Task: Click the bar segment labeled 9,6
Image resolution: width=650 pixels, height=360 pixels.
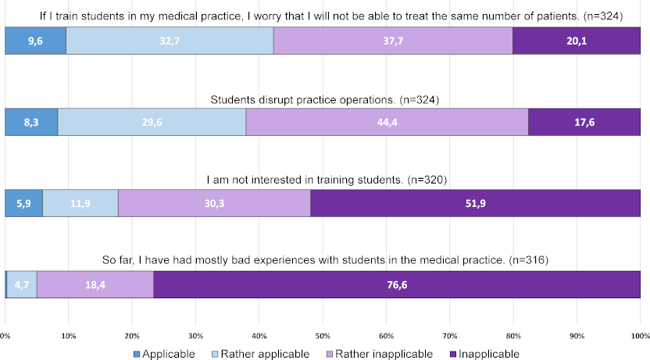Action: coord(36,41)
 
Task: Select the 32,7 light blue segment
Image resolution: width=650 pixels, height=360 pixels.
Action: coord(170,41)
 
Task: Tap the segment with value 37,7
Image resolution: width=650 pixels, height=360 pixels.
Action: coord(393,41)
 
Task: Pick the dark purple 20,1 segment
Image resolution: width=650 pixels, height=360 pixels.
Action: coord(577,41)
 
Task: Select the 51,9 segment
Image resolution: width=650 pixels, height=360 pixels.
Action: coord(475,202)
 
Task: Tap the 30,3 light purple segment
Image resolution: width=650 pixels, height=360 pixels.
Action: coord(214,202)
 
